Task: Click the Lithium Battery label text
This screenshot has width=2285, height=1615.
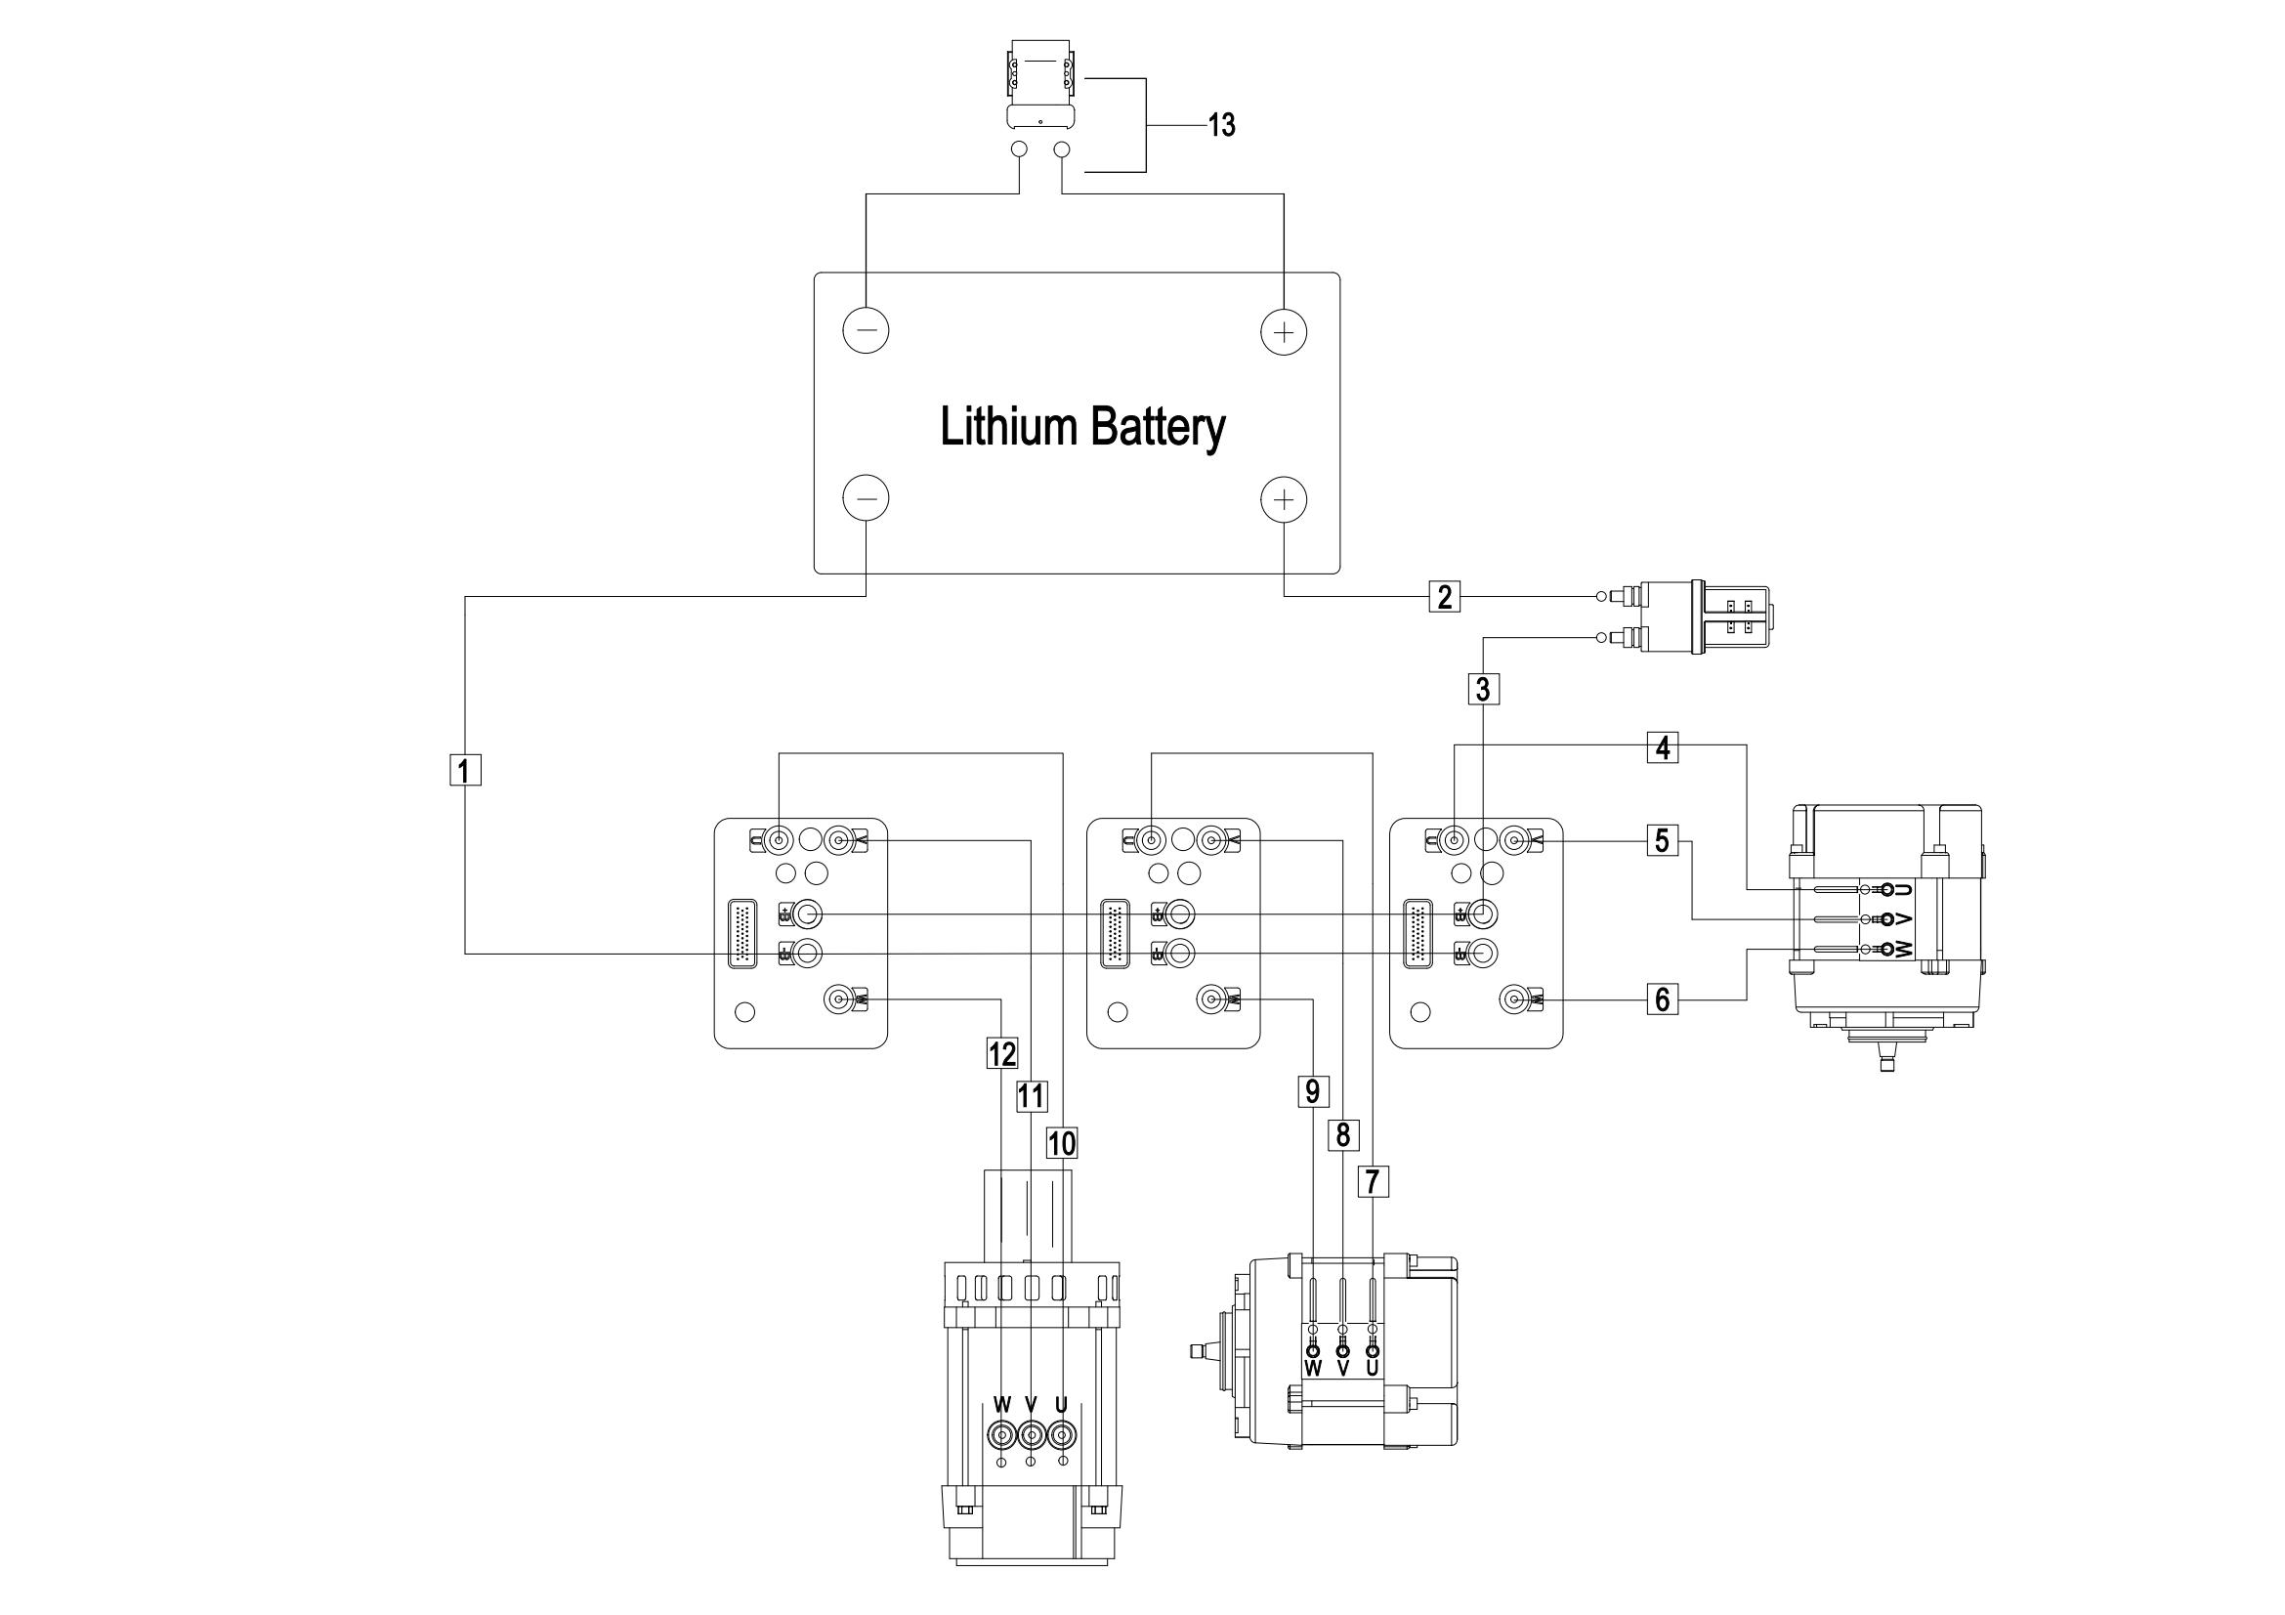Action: pyautogui.click(x=1082, y=427)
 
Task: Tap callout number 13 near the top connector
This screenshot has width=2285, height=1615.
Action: pyautogui.click(x=1221, y=125)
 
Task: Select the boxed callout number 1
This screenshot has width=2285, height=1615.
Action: pyautogui.click(x=466, y=770)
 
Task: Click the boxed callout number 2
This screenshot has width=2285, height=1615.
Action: pyautogui.click(x=1445, y=597)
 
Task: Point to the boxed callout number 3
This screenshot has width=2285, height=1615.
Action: pyautogui.click(x=1483, y=689)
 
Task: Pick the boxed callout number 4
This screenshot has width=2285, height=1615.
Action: pyautogui.click(x=1662, y=747)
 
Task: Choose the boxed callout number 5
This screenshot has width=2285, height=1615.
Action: pyautogui.click(x=1662, y=841)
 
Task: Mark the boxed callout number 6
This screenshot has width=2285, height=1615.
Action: pyautogui.click(x=1662, y=999)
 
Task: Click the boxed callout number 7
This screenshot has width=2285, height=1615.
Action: pyautogui.click(x=1373, y=1181)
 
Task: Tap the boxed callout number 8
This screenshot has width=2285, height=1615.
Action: pyautogui.click(x=1342, y=1134)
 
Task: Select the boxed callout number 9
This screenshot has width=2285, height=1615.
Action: pyautogui.click(x=1313, y=1091)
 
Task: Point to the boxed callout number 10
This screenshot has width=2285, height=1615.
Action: pyautogui.click(x=1062, y=1143)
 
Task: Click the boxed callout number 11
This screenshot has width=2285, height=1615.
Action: pyautogui.click(x=1031, y=1096)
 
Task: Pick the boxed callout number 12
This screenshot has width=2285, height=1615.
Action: pyautogui.click(x=1001, y=1053)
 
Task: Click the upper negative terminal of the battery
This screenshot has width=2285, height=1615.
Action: pyautogui.click(x=866, y=330)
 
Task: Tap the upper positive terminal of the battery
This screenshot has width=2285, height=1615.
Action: pyautogui.click(x=1284, y=330)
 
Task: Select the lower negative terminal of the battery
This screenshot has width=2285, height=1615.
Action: pyautogui.click(x=866, y=498)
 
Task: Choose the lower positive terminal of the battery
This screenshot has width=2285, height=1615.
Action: pyautogui.click(x=1284, y=498)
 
